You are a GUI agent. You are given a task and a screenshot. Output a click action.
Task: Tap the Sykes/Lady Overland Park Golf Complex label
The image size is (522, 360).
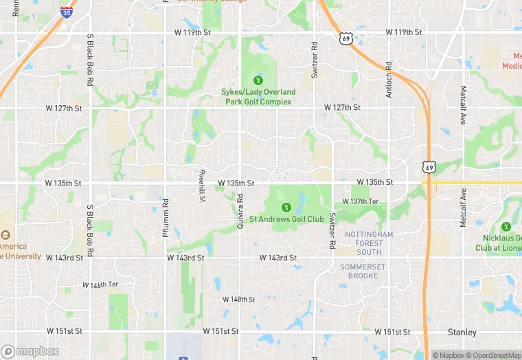258,97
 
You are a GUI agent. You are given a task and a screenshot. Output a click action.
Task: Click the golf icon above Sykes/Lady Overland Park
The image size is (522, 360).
258,80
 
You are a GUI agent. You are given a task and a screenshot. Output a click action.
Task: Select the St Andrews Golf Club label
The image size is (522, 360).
286,219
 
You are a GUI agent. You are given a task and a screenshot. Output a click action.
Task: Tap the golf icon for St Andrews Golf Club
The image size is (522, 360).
286,207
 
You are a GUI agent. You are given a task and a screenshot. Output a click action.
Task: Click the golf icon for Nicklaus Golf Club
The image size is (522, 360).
506,226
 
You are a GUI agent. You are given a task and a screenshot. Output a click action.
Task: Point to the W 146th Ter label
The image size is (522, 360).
100,284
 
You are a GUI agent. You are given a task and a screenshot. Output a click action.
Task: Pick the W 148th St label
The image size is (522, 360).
239,300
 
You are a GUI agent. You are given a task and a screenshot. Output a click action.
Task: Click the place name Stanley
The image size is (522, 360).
462,333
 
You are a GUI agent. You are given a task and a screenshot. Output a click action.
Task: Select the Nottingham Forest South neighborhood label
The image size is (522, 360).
369,243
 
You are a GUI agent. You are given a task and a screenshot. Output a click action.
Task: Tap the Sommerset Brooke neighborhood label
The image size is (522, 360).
363,271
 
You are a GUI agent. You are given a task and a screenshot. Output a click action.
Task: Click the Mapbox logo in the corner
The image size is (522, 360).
30,351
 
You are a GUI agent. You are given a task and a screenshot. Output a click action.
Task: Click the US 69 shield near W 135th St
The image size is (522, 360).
429,167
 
